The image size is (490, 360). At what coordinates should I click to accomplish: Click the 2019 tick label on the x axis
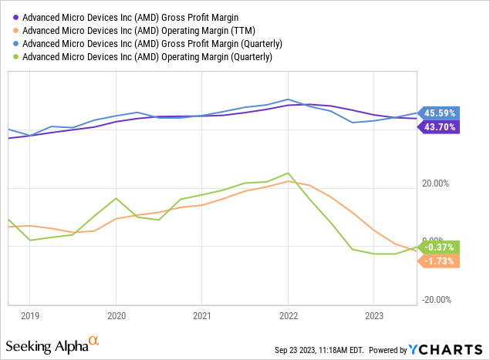point(29,315)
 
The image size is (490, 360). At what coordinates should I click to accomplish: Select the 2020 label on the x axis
point(116,315)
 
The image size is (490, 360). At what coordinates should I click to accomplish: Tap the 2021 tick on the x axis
point(202,315)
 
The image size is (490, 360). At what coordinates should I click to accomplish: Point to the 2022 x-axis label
point(288,315)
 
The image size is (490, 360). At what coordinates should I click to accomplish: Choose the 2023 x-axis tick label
point(373,315)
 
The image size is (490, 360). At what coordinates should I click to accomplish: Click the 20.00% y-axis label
point(435,183)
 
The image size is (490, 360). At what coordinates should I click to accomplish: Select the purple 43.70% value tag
point(441,127)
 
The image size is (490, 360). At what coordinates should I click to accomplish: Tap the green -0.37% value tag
point(441,247)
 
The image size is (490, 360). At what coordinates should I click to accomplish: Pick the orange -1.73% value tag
point(441,261)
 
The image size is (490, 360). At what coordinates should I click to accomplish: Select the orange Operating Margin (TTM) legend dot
point(15,30)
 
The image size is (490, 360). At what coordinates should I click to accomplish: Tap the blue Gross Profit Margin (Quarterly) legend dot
point(15,43)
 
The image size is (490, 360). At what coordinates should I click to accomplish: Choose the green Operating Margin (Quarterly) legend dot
point(15,56)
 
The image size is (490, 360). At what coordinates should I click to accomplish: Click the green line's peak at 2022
point(288,173)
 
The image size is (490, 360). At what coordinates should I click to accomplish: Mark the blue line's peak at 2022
point(288,99)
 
